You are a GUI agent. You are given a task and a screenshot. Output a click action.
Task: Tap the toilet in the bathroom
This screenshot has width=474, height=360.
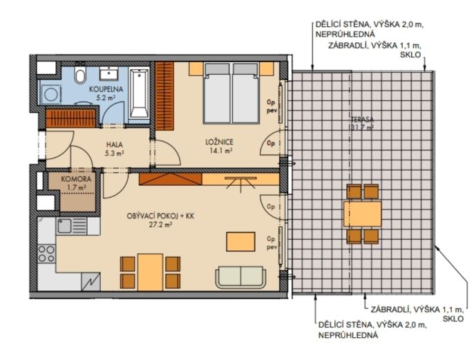click(x=80, y=74)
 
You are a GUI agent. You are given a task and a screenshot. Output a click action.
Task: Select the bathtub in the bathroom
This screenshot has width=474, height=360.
click(x=139, y=93)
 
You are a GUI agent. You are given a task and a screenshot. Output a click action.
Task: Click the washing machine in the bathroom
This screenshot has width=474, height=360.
click(x=51, y=94)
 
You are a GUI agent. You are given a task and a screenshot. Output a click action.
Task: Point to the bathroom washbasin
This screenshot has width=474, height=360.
click(x=109, y=73)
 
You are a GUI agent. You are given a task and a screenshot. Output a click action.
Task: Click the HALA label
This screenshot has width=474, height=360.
click(x=114, y=145)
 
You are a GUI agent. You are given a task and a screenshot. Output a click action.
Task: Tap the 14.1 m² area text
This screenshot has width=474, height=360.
click(x=220, y=150)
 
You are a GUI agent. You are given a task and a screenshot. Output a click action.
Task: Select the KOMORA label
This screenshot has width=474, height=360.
click(x=76, y=179)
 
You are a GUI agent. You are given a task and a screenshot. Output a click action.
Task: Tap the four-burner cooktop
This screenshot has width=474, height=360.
click(x=46, y=254)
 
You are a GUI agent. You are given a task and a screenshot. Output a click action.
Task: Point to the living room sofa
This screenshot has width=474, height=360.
click(x=240, y=276)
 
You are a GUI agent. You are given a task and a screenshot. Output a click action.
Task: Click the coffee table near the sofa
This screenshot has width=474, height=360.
click(x=240, y=242)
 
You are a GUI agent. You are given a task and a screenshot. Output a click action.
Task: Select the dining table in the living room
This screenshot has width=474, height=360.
click(x=150, y=272)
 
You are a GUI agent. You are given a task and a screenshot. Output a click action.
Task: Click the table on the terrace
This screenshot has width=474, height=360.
click(x=363, y=214)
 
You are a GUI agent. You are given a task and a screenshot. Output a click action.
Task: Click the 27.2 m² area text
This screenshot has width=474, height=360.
click(x=161, y=225)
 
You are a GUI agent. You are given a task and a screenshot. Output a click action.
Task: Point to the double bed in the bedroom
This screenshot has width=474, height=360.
click(x=232, y=93)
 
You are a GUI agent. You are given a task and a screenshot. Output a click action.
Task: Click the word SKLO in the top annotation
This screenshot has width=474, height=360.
click(x=410, y=55)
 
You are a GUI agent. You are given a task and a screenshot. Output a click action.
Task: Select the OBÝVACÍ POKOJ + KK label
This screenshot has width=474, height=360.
click(x=160, y=216)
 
